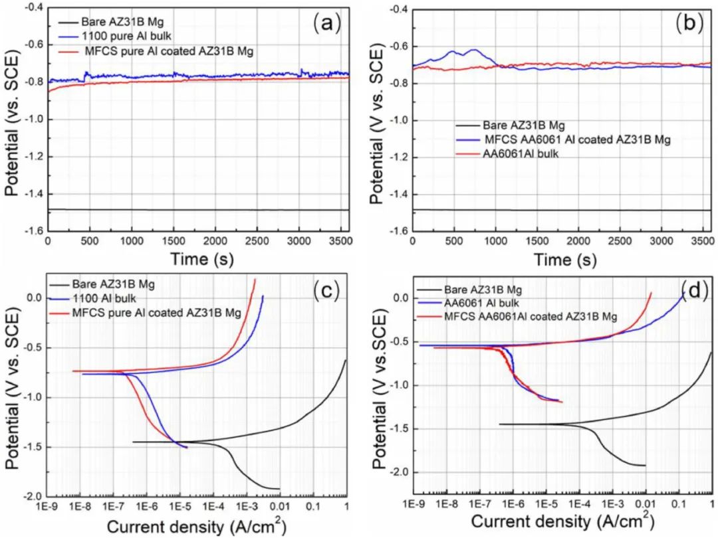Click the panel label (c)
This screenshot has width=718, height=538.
[x=326, y=290]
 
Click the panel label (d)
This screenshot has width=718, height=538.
[x=693, y=290]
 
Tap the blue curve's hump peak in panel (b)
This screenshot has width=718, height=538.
[x=475, y=50]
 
